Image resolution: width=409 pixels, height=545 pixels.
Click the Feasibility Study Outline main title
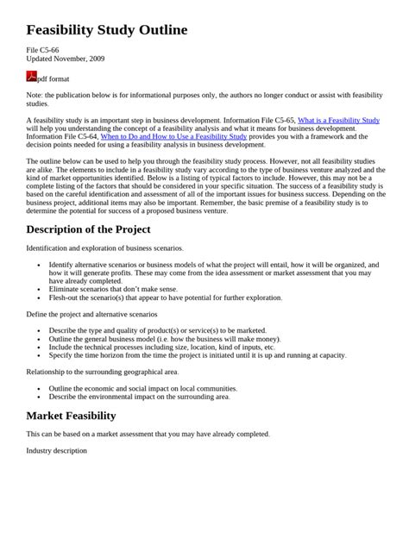click(107, 30)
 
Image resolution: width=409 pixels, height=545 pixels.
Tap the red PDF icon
click(32, 77)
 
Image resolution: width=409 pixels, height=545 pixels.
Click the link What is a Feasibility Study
click(338, 120)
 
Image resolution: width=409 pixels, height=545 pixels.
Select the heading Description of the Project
click(89, 229)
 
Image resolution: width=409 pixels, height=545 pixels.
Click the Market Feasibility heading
click(72, 415)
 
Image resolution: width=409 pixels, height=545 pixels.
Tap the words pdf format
click(53, 78)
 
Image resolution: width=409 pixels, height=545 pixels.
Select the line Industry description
click(57, 449)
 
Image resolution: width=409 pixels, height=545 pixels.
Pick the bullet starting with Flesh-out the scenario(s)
click(166, 298)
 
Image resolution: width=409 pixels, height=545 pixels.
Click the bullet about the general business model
click(164, 338)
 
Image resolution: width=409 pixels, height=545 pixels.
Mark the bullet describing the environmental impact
click(139, 397)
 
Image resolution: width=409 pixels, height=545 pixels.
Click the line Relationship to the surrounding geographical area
click(103, 372)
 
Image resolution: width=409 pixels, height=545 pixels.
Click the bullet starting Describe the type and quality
click(158, 330)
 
